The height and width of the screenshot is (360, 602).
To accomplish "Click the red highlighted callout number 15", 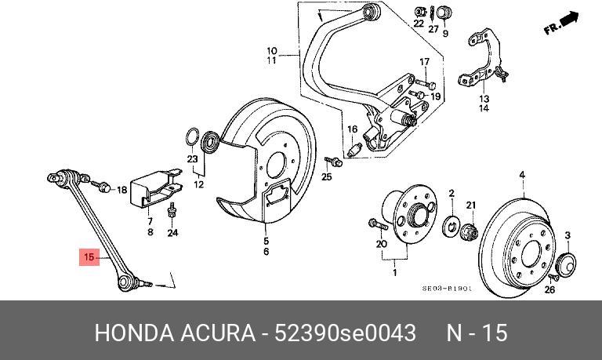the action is (89, 256).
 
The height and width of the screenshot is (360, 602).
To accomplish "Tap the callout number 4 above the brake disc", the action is (522, 175).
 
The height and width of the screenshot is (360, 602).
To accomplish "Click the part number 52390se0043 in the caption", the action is (345, 333).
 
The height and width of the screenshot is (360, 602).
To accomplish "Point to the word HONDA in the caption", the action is (131, 333).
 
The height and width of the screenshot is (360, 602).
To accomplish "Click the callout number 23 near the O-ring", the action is (193, 159).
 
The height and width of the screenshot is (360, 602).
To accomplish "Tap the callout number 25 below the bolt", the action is (327, 177).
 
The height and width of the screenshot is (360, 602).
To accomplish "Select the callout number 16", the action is (352, 129).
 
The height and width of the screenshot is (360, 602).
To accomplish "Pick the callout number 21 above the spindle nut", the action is (472, 205).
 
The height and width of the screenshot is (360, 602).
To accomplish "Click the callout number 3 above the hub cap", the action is (568, 235).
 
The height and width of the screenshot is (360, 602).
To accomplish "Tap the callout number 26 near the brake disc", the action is (549, 290).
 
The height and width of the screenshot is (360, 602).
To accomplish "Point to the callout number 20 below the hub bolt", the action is (382, 245).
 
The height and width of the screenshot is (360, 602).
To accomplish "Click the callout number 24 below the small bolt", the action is (172, 233).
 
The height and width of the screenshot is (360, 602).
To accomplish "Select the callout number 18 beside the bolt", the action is (121, 190).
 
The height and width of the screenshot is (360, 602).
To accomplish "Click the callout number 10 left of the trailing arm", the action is (271, 49).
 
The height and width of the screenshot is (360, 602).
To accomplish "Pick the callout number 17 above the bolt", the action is (424, 62).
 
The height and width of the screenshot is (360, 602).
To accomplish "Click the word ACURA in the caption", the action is (216, 333).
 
